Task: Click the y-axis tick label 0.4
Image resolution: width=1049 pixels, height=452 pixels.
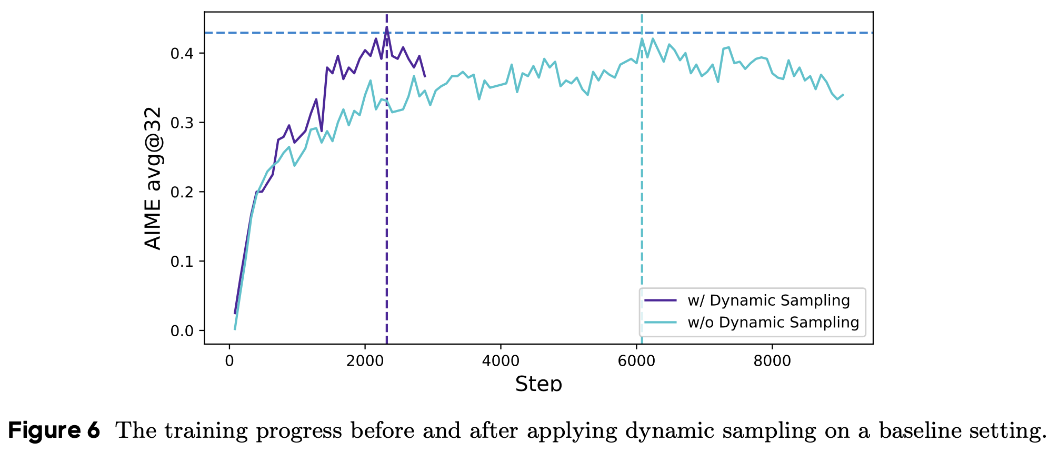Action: click(182, 54)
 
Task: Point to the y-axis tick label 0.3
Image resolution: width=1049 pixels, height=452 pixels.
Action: click(182, 123)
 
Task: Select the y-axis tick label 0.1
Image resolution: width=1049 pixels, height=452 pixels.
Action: click(182, 262)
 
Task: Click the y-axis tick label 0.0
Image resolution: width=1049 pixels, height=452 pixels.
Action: click(182, 331)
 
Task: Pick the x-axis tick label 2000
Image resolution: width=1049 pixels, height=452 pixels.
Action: click(365, 361)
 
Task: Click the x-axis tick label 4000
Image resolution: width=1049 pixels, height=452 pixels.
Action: click(501, 361)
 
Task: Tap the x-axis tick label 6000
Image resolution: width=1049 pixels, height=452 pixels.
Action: click(636, 361)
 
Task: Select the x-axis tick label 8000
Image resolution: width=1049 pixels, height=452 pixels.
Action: click(772, 361)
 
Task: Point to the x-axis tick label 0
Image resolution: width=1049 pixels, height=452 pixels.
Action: click(229, 361)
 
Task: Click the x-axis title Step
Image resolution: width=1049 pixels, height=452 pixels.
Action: click(538, 384)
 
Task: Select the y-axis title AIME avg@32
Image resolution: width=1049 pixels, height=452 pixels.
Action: click(153, 178)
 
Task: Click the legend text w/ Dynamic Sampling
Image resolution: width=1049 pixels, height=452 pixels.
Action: click(768, 300)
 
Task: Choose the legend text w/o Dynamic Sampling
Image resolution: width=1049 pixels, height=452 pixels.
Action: click(773, 322)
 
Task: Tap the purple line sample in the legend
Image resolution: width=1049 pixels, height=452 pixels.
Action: click(660, 300)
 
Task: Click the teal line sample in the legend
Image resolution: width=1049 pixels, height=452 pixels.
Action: click(660, 322)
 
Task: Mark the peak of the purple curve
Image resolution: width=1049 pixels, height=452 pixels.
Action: click(387, 27)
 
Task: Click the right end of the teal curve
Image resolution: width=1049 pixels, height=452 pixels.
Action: click(843, 95)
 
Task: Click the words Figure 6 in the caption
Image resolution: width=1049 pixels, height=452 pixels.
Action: click(54, 431)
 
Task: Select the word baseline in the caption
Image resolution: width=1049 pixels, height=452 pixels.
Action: click(918, 431)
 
